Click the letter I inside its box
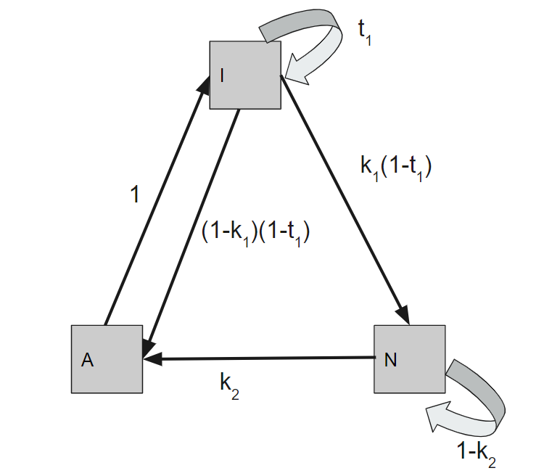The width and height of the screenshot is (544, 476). [221, 75]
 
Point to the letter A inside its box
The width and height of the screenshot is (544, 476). [87, 361]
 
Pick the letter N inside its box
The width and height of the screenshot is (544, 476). [390, 360]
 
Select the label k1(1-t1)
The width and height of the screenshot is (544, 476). [396, 167]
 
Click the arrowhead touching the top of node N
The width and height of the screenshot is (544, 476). [403, 315]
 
